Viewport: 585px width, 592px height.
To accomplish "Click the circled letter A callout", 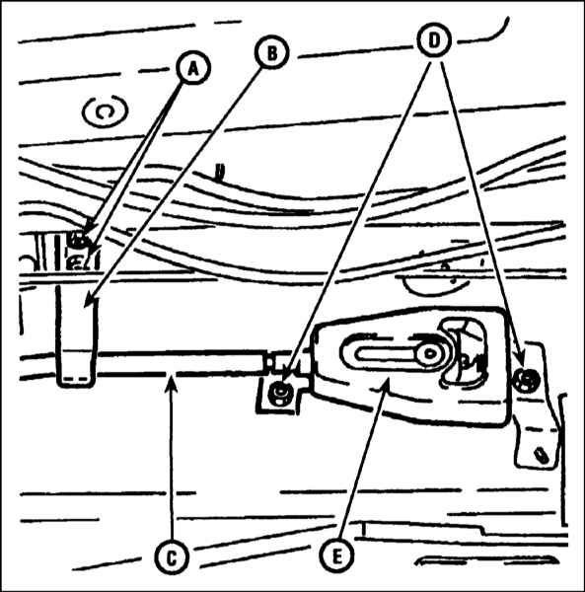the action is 192,69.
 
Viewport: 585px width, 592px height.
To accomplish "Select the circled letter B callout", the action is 271,53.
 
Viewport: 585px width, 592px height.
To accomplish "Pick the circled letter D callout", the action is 434,40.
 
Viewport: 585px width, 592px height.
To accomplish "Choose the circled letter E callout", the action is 336,555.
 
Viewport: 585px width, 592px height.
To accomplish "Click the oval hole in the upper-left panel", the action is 105,111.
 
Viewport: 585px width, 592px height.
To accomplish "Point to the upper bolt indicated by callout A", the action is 78,240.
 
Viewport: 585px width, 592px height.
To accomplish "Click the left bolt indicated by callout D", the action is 279,394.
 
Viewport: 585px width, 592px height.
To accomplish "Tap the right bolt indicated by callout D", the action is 527,380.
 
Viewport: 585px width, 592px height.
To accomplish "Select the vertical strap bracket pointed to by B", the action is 76,336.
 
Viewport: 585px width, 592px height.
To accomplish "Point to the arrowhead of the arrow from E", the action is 386,384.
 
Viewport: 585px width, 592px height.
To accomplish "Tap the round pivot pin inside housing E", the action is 429,354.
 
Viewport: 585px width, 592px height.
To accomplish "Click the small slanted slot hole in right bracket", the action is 542,454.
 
